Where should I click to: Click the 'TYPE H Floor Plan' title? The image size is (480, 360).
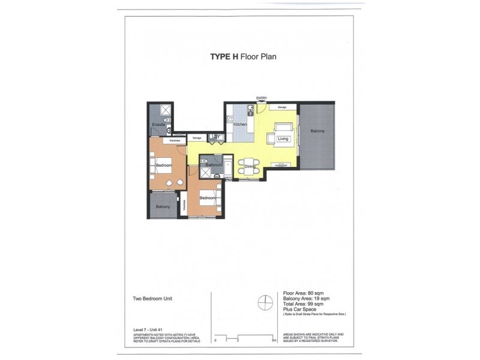(242, 57)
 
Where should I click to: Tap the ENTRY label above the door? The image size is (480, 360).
(261, 98)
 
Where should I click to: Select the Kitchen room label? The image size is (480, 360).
(240, 124)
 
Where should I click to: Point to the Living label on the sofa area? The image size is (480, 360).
(283, 139)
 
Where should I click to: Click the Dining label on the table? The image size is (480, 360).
(250, 167)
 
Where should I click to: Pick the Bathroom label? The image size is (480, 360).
(214, 165)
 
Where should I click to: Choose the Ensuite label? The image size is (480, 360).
(158, 125)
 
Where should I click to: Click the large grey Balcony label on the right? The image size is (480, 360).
(317, 131)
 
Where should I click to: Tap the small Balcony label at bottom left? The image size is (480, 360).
(163, 207)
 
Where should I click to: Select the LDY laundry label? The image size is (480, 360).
(217, 137)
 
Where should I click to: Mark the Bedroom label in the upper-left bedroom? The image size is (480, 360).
(164, 165)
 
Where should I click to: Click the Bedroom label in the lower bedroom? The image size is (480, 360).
(208, 198)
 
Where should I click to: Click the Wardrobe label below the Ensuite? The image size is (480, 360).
(175, 140)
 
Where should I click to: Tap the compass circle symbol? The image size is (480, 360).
(265, 303)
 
